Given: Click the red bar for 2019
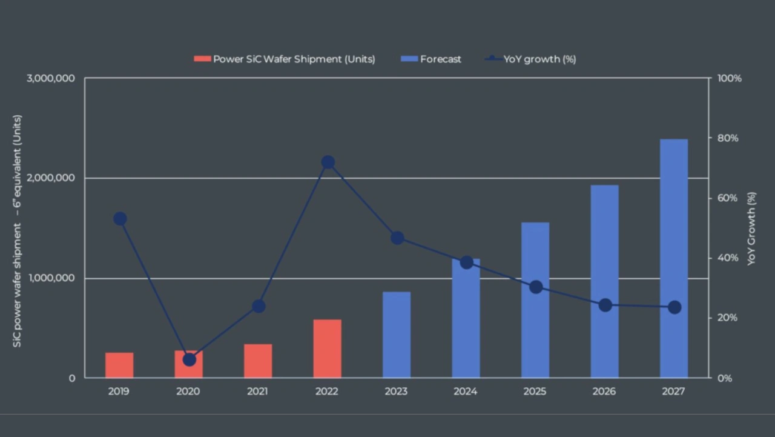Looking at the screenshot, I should pyautogui.click(x=119, y=365).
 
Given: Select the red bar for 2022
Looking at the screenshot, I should pyautogui.click(x=327, y=349).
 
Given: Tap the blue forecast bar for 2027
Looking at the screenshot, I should pyautogui.click(x=674, y=259).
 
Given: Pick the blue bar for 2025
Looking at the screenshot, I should pyautogui.click(x=535, y=300).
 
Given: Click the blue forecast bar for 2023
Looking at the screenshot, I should pyautogui.click(x=397, y=335).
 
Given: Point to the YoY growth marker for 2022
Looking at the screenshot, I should pyautogui.click(x=328, y=162).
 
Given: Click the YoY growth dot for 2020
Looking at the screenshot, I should pyautogui.click(x=190, y=359).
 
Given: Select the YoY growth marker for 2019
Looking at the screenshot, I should pyautogui.click(x=120, y=219).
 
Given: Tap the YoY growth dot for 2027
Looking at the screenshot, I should pyautogui.click(x=674, y=307).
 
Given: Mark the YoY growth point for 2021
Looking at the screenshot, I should pyautogui.click(x=259, y=306).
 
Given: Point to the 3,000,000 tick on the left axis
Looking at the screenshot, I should pyautogui.click(x=51, y=79).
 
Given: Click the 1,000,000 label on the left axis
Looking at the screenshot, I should pyautogui.click(x=51, y=278).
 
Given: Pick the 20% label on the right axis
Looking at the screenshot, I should pyautogui.click(x=724, y=318).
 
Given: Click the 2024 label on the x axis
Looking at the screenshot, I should pyautogui.click(x=465, y=392).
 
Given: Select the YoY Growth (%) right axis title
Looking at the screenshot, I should pyautogui.click(x=751, y=229).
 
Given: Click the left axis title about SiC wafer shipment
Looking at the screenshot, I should pyautogui.click(x=18, y=231).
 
